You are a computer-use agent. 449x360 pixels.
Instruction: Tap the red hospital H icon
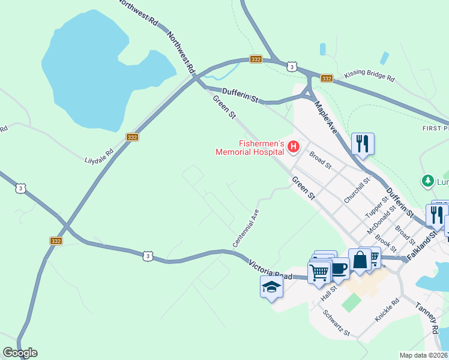click(294, 146)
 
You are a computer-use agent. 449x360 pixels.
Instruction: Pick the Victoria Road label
click(270, 269)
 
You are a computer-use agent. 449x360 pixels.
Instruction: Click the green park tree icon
click(427, 180)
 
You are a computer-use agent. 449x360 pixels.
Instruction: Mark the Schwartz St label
click(336, 323)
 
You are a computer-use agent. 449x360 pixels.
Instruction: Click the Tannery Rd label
click(427, 317)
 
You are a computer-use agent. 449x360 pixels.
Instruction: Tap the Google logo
click(20, 353)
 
